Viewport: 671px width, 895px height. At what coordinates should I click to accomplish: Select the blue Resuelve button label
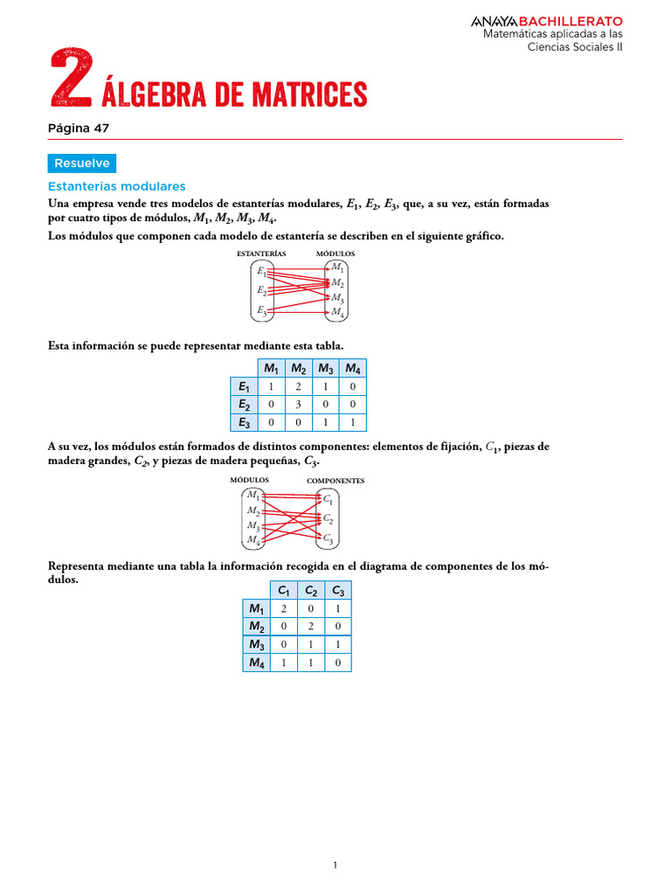81,163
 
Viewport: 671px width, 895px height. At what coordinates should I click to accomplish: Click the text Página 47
79,128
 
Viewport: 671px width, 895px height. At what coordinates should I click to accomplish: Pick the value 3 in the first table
299,405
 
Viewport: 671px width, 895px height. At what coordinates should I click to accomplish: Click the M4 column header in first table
353,368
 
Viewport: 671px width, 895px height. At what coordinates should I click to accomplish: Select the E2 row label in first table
244,405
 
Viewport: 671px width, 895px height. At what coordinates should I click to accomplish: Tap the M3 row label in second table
256,644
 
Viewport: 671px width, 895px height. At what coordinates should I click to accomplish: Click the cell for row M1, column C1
284,608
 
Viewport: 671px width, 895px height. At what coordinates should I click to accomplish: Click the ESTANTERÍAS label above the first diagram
261,253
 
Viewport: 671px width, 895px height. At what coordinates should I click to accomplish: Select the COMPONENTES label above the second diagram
335,481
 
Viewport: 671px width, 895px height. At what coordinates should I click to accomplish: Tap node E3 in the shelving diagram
261,309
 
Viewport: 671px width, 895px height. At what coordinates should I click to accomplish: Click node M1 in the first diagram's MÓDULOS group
337,267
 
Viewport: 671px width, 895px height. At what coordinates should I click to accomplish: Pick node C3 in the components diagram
328,538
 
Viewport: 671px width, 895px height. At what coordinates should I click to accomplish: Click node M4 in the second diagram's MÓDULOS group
253,539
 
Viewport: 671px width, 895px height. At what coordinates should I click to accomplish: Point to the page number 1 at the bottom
335,865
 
